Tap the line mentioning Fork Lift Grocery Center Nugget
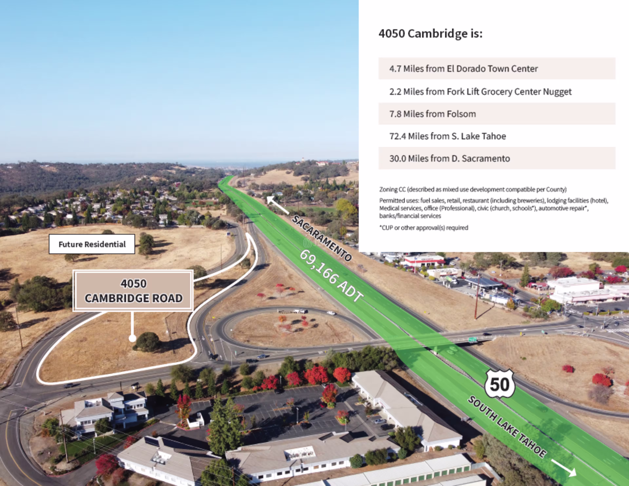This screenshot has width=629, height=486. point(480,92)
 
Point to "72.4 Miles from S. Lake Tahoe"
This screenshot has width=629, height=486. point(448,136)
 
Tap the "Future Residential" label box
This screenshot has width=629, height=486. point(92,244)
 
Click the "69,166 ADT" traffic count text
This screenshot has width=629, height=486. point(331,276)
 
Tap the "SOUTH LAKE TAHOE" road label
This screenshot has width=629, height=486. point(507,427)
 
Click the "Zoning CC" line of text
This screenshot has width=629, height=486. point(473,189)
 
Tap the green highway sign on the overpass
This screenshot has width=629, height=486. point(473,340)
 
